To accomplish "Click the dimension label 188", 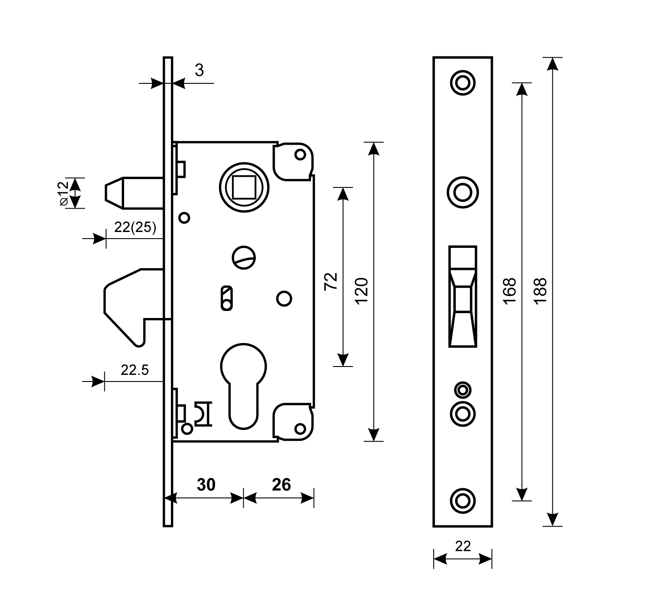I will coord(540,290).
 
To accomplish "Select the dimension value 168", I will coord(509,290).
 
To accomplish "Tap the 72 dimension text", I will coord(331,281).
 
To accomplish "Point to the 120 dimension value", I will coord(362,291).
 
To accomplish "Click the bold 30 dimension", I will coord(206,485).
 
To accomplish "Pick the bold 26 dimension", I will coord(281,485).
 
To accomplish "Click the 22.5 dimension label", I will coord(135,370).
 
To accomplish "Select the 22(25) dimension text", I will coord(135,228).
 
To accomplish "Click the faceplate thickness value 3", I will coord(199,71).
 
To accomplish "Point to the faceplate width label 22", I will coord(463,546).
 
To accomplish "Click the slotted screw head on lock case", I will coord(244,257).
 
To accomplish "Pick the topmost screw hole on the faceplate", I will coord(462,82).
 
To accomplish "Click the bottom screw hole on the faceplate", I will coord(462,501).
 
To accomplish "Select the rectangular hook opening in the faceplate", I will coord(462,296).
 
